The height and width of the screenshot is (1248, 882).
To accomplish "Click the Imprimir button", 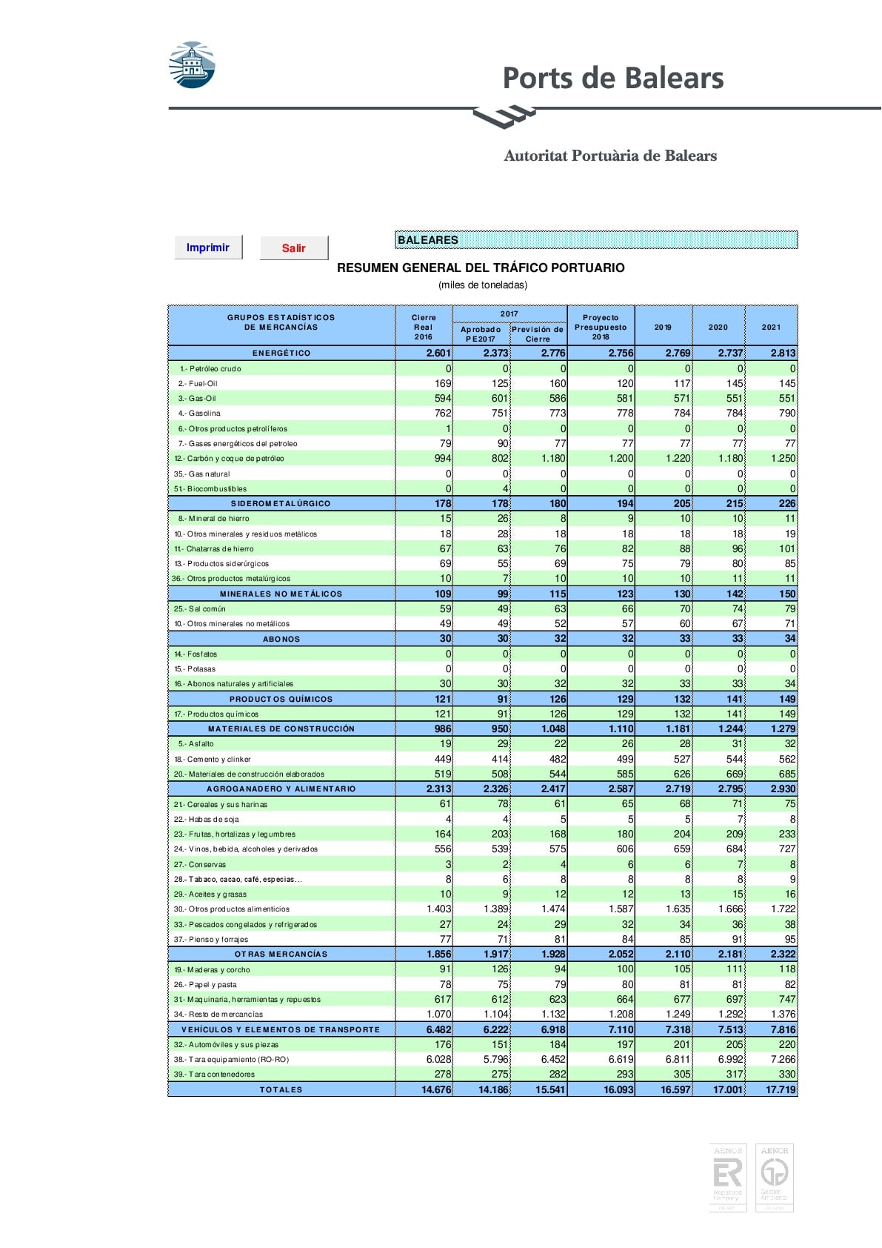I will coord(208,248).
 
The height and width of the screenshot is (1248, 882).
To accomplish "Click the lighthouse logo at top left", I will coord(192,65).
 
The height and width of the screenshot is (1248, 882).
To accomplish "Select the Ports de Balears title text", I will coord(612,78).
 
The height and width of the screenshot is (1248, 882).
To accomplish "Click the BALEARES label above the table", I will coord(428,240).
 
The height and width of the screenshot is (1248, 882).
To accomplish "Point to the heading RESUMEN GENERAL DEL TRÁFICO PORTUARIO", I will coord(481,268).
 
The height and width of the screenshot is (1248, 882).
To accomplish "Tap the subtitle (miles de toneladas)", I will coord(483,285).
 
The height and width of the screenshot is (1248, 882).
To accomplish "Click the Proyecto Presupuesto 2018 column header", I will coord(601,327).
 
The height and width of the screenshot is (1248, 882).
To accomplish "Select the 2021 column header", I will coord(771,327).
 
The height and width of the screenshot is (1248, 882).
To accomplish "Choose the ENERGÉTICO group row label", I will coord(281,354).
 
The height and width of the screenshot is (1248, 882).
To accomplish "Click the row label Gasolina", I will coord(204,414).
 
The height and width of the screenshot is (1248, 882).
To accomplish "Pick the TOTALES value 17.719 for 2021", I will coord(781,1090).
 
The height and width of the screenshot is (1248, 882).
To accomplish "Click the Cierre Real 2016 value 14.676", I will coord(436,1090).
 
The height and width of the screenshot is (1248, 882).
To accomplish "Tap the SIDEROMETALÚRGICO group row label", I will coord(281,504).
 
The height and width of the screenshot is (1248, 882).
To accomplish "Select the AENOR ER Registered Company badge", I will coord(727,1178).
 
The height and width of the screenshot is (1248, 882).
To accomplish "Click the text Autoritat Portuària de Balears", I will coord(610,156).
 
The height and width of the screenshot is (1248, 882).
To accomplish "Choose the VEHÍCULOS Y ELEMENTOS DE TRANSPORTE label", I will coord(281,1030).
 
